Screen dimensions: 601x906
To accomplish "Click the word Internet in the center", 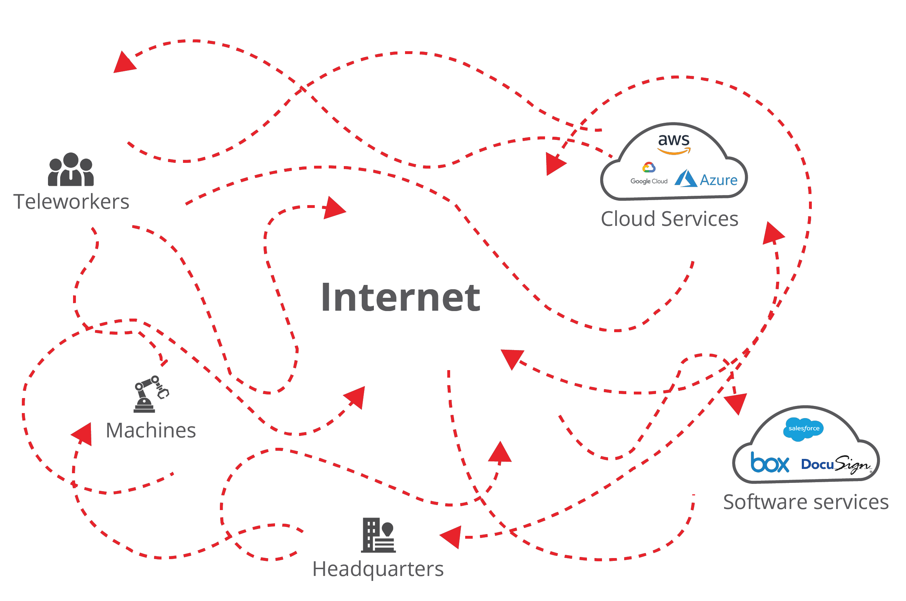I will pyautogui.click(x=400, y=297).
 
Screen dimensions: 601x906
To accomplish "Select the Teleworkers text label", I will pyautogui.click(x=71, y=202).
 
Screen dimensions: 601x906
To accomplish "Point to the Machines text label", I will pyautogui.click(x=151, y=430).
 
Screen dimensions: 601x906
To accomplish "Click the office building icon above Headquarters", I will pyautogui.click(x=378, y=535).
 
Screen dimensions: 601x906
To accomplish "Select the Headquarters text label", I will pyautogui.click(x=378, y=569).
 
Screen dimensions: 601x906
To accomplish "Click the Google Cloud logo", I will pyautogui.click(x=649, y=174).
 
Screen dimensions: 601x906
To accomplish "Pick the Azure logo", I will pyautogui.click(x=706, y=179).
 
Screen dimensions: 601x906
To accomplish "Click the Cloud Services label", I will pyautogui.click(x=669, y=219).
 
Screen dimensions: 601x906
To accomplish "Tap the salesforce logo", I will pyautogui.click(x=803, y=429).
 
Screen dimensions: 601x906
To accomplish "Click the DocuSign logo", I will pyautogui.click(x=836, y=464).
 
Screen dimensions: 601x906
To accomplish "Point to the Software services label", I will pyautogui.click(x=805, y=502).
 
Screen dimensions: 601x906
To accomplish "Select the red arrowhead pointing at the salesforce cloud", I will pyautogui.click(x=736, y=404).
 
